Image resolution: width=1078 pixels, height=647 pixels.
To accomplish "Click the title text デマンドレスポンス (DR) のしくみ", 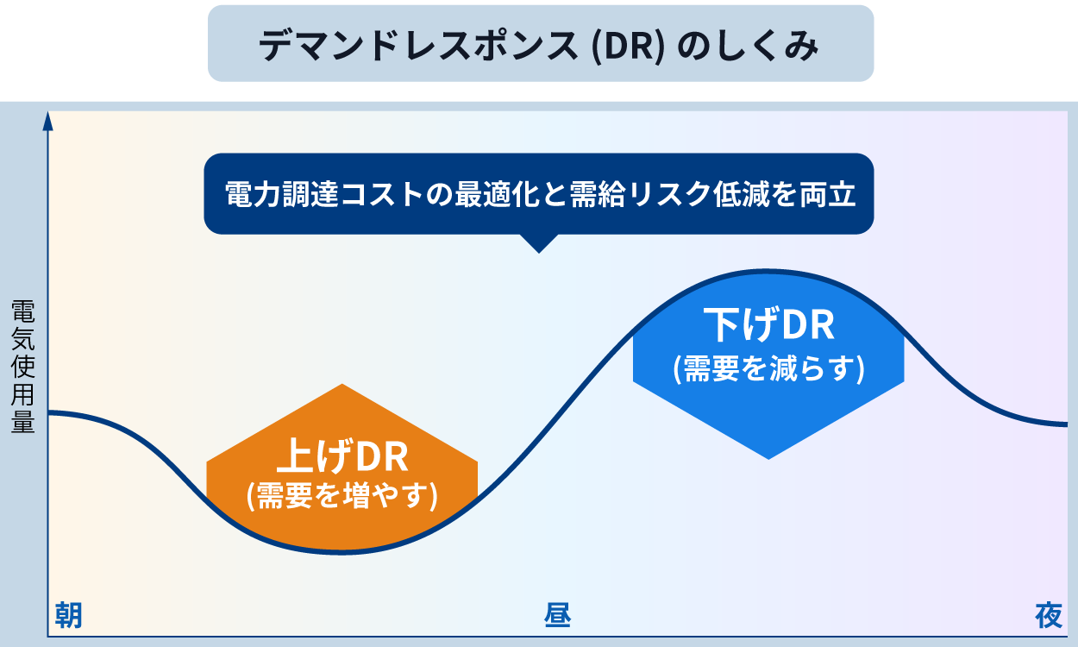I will click(x=540, y=46).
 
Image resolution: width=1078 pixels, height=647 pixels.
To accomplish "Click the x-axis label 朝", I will click(x=69, y=616).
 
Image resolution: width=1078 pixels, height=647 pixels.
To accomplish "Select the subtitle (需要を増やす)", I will click(x=342, y=496).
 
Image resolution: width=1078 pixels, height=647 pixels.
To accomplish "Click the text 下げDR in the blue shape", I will click(x=768, y=325).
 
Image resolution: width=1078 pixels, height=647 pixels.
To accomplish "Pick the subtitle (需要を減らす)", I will click(x=768, y=367).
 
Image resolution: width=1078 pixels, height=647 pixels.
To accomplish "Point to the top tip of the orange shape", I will click(x=342, y=386).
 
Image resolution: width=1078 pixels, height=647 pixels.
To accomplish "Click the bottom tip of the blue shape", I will click(x=768, y=457).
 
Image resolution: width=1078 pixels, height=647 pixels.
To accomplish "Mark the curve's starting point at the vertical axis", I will click(x=50, y=413).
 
